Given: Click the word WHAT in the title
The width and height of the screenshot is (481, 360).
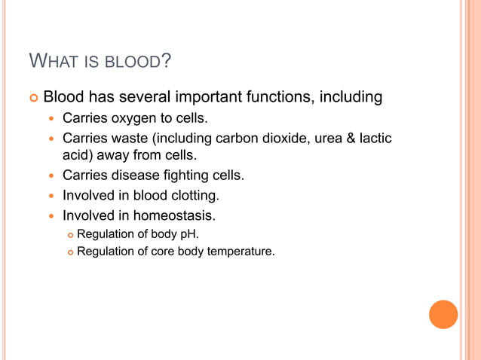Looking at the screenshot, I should point(53,60).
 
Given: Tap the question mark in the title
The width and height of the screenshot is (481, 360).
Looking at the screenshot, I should point(166,60).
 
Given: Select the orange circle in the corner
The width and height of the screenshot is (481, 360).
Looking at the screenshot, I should point(443,314).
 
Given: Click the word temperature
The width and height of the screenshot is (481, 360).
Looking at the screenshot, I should point(240,251).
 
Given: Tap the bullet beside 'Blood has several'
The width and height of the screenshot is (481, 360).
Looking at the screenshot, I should point(33,98).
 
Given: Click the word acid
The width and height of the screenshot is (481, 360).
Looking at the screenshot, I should point(75,156).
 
